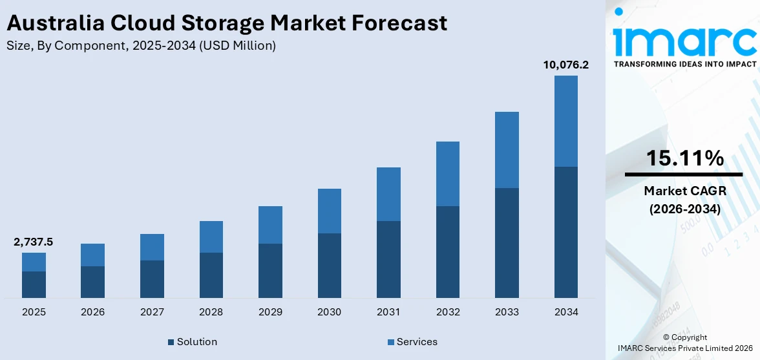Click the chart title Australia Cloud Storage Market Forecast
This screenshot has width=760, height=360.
[227, 23]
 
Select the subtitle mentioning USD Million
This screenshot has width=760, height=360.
[142, 45]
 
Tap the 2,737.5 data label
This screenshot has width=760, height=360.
[34, 242]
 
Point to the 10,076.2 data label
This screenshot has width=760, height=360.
[565, 65]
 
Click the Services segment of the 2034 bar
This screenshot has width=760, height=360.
[565, 121]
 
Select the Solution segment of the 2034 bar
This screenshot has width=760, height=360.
[565, 232]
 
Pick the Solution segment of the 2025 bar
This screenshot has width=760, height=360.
[34, 284]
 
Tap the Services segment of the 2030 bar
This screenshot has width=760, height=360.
[329, 211]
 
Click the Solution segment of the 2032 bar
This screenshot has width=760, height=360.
[447, 252]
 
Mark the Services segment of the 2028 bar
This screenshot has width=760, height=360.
[211, 237]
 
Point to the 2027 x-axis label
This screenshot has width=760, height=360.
[152, 312]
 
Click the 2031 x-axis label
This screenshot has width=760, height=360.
[388, 312]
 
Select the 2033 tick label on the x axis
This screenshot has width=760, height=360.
[507, 312]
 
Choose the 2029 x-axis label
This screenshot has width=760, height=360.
[270, 312]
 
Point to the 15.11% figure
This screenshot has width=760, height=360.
[684, 158]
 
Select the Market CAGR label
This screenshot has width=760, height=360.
[684, 191]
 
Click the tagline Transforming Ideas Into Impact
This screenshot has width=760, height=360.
[684, 64]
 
